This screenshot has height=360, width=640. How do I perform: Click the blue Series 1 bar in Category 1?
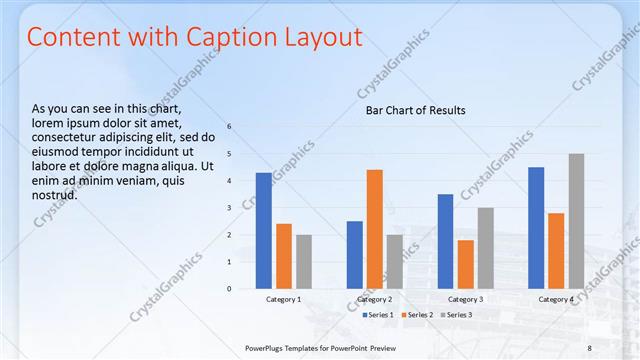point(263,231)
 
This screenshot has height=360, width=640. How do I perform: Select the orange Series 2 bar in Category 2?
point(375,229)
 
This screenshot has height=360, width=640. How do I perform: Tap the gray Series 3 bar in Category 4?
point(576,221)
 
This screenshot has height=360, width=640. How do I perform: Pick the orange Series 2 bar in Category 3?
point(466,264)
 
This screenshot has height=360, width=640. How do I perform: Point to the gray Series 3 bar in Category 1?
point(304,262)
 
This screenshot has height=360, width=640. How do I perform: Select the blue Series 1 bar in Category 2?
point(355,255)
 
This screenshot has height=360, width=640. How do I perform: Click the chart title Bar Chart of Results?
point(414,110)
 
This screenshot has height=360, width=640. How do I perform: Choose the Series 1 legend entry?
point(377,315)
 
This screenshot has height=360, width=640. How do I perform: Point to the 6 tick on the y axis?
point(230,127)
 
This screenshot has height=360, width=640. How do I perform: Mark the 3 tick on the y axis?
point(230,208)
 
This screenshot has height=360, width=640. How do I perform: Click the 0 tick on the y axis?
point(230,289)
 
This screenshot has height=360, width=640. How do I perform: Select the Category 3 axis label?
point(465,300)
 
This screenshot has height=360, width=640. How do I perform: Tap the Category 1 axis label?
point(283,300)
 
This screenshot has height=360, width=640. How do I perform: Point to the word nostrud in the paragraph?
point(55,194)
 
